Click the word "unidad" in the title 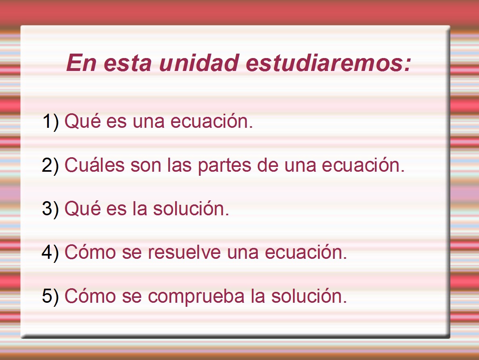pos(199,63)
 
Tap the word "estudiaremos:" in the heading pos(328,63)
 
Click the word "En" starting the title pos(81,63)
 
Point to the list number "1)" pos(51,121)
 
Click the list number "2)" pos(50,165)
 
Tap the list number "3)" pos(50,209)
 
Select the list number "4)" pos(50,253)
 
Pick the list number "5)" pos(50,296)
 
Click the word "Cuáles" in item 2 pos(94,165)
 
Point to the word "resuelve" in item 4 pos(184,252)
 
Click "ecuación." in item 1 pos(212,121)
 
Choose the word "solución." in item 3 pos(191,209)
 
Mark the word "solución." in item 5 pos(309,296)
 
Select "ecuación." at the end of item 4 pos(306,252)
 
